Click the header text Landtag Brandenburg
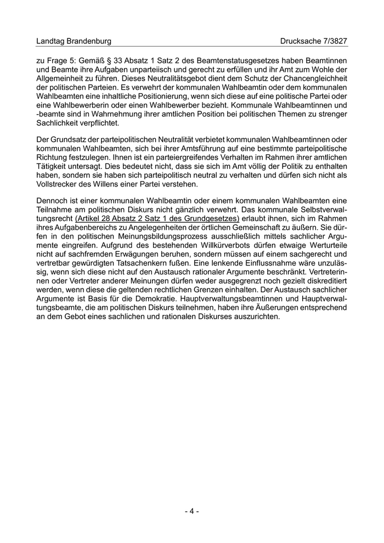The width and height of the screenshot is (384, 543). click(74, 41)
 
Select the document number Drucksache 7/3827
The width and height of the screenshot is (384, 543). click(314, 41)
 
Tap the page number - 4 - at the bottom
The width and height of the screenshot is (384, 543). click(191, 511)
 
